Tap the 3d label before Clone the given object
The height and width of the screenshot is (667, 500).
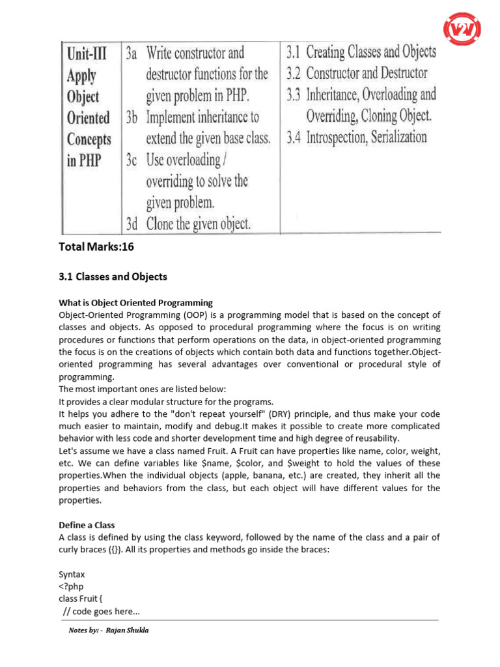133,223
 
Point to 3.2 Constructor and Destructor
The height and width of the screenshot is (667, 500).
357,73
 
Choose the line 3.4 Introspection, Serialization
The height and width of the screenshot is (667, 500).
357,137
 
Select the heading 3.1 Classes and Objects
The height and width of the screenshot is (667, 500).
113,277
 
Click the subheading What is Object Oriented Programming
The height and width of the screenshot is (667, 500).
135,303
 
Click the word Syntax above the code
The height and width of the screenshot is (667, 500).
72,575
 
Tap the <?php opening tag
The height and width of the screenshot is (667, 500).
71,587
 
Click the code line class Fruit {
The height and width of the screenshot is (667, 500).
86,599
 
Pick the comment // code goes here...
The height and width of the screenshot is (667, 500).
102,612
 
